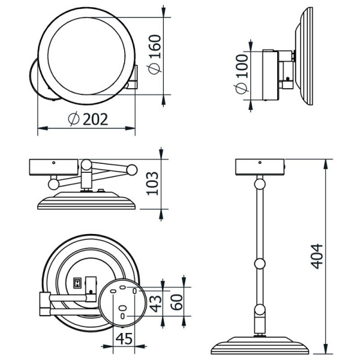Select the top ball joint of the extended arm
[259, 183]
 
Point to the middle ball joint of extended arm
[259, 263]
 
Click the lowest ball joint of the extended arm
[259, 310]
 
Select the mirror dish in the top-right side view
[306, 56]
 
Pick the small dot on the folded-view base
[53, 162]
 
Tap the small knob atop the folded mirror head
[103, 192]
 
